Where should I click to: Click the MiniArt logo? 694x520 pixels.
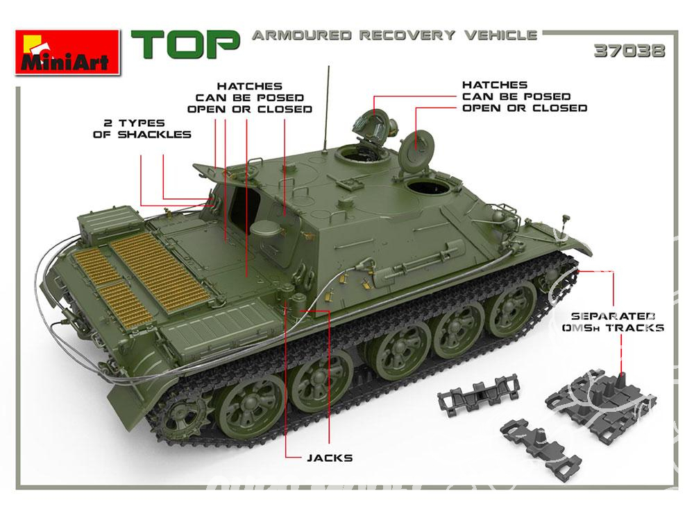tap(68, 52)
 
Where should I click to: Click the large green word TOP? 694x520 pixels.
tap(185, 44)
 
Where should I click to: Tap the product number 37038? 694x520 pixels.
tap(629, 51)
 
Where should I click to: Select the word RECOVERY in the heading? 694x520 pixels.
tap(407, 35)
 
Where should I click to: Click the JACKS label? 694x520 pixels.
tap(330, 458)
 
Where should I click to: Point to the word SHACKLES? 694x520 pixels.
tap(155, 135)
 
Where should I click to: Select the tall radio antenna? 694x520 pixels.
tap(327, 107)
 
